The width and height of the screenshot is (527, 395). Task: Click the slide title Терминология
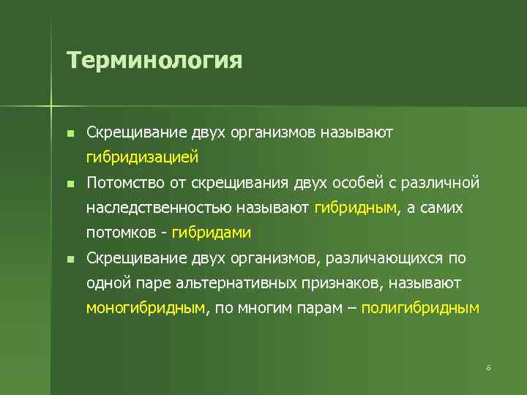(x=154, y=59)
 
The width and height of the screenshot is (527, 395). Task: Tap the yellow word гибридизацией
(x=142, y=157)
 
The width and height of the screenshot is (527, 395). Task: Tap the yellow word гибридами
(x=212, y=233)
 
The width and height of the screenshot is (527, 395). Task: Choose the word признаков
(x=344, y=283)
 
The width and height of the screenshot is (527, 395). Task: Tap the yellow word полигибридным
(x=419, y=308)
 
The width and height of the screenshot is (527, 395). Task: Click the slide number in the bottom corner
(x=488, y=367)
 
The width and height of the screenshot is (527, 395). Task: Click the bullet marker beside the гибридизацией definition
(x=69, y=132)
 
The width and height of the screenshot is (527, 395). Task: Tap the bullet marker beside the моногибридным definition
(x=69, y=259)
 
